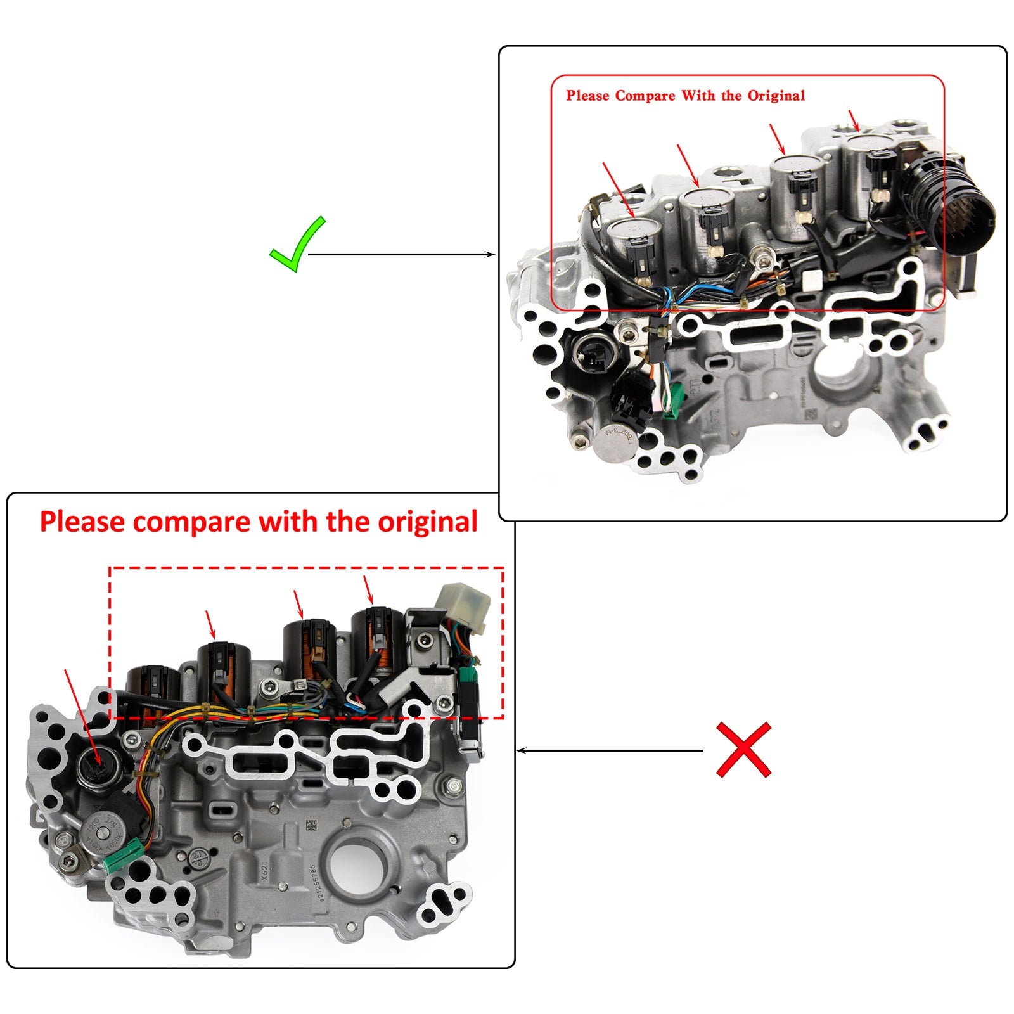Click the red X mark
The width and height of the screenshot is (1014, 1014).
coord(743,750)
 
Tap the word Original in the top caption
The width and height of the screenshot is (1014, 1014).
coord(776,96)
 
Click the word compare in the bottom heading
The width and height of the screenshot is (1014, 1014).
coord(192,522)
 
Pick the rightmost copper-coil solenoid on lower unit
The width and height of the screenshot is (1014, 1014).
coord(378,643)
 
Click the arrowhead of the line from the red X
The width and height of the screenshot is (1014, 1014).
coord(521,751)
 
